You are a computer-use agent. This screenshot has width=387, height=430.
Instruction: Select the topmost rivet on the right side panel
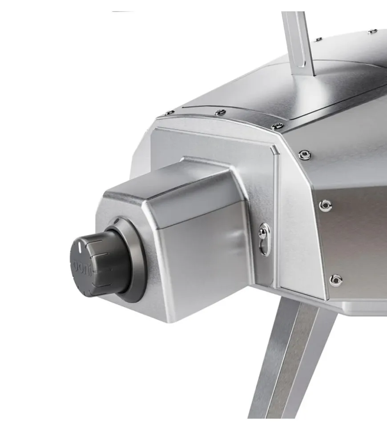pyautogui.click(x=305, y=155)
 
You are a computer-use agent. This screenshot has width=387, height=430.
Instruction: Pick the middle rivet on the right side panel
pyautogui.click(x=325, y=205)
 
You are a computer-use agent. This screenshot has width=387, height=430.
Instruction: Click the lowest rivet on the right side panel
pyautogui.click(x=336, y=280)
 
